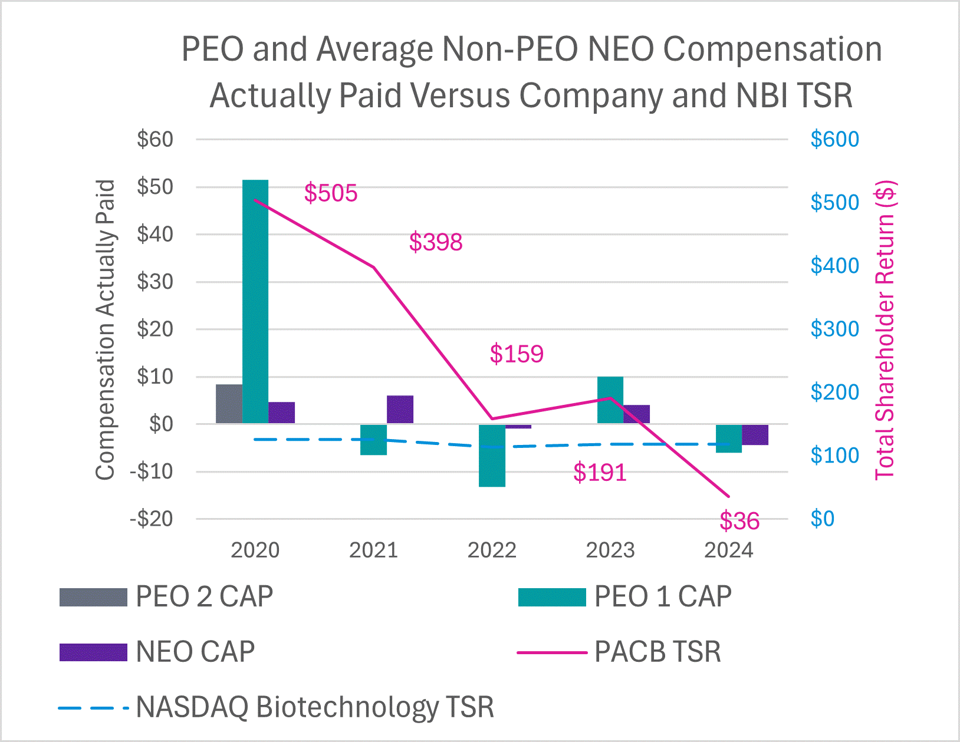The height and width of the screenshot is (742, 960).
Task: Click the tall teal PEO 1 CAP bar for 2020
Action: [255, 301]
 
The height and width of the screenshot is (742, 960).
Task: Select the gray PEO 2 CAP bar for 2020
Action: [229, 404]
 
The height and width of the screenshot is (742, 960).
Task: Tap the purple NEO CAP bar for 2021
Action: [400, 410]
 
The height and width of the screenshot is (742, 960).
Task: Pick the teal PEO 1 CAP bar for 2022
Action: [492, 455]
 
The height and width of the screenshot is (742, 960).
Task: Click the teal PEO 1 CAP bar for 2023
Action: [610, 400]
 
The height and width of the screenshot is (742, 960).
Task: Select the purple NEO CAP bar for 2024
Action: [755, 435]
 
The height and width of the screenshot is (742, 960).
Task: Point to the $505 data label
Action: [331, 193]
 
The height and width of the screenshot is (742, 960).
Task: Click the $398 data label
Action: [436, 242]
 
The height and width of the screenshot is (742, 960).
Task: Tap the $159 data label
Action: [517, 354]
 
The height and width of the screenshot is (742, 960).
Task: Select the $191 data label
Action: [600, 473]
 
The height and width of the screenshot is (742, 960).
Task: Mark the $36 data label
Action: [739, 521]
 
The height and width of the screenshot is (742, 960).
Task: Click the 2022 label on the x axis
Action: [492, 550]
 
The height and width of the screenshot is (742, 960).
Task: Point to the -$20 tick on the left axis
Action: [152, 519]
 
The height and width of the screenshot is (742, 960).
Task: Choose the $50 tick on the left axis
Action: [155, 187]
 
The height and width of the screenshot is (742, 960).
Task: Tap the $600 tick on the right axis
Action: [834, 140]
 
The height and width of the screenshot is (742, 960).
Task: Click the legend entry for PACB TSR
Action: [619, 652]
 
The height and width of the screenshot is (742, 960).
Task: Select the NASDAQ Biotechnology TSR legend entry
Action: [276, 707]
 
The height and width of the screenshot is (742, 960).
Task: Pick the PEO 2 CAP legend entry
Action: [166, 597]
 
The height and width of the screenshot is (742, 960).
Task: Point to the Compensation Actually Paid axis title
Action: [105, 330]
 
